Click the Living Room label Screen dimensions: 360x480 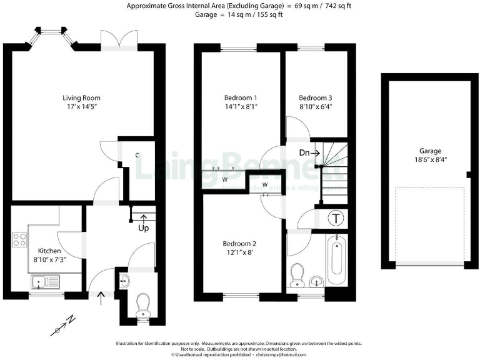[x=81, y=98]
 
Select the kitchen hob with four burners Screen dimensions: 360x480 [x=19, y=239]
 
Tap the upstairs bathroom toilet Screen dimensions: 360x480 [x=297, y=273]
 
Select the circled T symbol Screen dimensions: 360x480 [x=336, y=219]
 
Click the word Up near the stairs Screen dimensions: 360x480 [x=143, y=227]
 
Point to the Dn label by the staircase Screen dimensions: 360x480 [x=304, y=153]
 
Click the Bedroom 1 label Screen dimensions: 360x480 [x=241, y=98]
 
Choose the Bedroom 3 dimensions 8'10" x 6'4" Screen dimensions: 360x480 [x=315, y=107]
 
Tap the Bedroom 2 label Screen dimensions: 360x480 [x=241, y=244]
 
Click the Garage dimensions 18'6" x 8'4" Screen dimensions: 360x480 [x=431, y=160]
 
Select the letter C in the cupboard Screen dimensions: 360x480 [x=137, y=155]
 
